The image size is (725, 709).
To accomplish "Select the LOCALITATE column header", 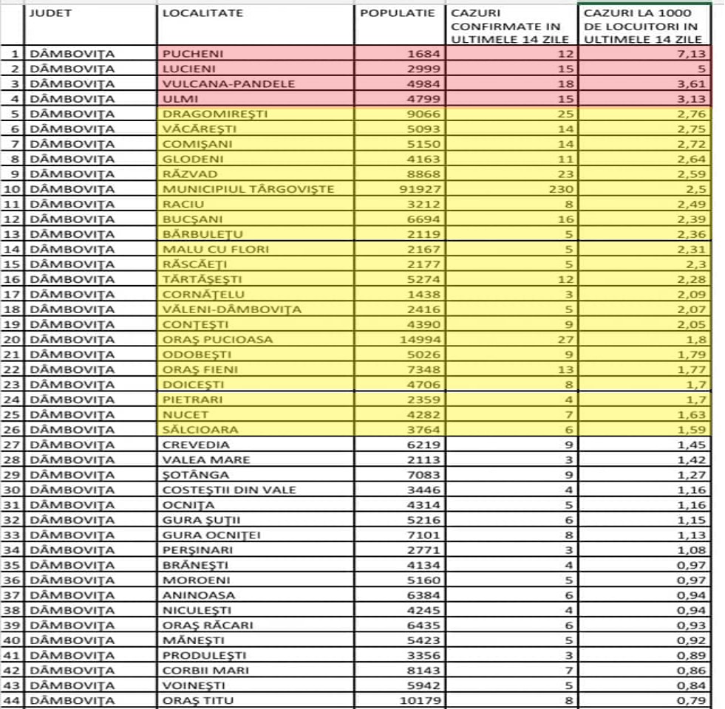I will tap(202, 13).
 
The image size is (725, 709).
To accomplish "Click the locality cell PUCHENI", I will tap(193, 54).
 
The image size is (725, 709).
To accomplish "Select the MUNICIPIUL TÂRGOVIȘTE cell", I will tap(248, 189).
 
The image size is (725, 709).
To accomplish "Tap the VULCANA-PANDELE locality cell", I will tap(228, 83).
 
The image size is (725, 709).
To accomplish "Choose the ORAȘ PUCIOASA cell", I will tap(217, 340).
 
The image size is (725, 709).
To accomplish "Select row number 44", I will tap(14, 700).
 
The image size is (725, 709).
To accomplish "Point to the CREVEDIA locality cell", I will tap(196, 445).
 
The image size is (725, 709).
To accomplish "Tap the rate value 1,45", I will tap(695, 445).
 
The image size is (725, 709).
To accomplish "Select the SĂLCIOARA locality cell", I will tap(197, 430).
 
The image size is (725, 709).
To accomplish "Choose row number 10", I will tap(14, 189).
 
